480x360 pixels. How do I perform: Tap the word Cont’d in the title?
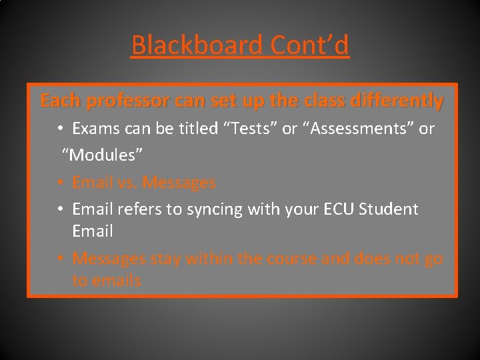(x=309, y=45)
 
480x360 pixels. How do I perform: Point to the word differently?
(x=402, y=101)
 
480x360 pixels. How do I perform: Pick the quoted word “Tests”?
(x=251, y=129)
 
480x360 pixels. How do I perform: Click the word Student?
(x=389, y=209)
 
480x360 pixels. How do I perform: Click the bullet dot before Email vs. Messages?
(x=60, y=183)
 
